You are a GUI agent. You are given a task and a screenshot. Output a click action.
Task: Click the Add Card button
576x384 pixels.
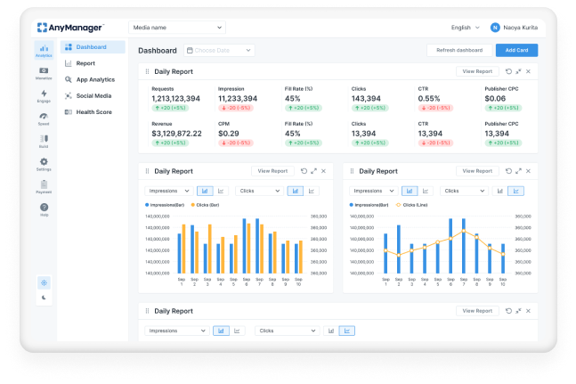click(x=516, y=50)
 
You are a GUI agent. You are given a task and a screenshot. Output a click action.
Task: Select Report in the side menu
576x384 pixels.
click(x=85, y=63)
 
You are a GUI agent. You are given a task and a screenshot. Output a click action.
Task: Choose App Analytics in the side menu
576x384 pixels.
click(x=94, y=79)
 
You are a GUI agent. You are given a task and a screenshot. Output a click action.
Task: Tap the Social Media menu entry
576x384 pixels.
click(x=93, y=95)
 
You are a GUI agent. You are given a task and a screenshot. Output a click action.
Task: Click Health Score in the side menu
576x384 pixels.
click(x=93, y=111)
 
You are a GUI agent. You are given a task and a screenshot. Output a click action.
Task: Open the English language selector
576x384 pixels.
click(x=466, y=28)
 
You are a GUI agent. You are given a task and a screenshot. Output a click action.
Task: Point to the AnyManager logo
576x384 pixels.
click(x=70, y=28)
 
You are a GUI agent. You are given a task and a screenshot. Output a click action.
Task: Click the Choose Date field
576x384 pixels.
click(x=218, y=51)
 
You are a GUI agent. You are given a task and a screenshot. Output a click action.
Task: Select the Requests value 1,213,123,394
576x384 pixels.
click(x=175, y=98)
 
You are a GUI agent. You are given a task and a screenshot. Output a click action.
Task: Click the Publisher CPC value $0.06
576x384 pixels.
click(x=497, y=98)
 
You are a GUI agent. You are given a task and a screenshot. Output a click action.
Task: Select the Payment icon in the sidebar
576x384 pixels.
click(x=44, y=185)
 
